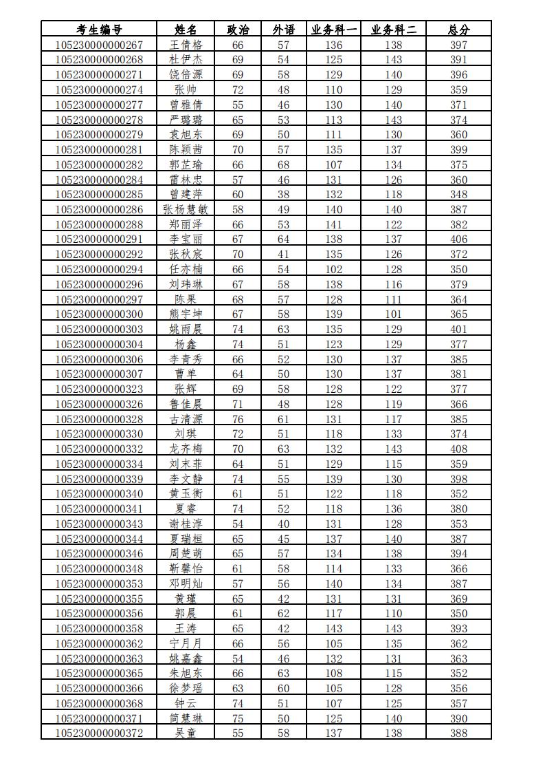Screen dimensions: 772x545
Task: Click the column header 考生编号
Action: pos(99,30)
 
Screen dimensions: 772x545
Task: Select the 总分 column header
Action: pos(458,30)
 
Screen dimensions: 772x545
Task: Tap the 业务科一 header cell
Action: pos(334,30)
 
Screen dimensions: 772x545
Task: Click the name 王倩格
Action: pos(186,45)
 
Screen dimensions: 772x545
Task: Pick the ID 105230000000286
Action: pos(99,209)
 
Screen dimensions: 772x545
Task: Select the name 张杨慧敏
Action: pos(186,209)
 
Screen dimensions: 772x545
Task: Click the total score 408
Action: pos(458,449)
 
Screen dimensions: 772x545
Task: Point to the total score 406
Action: pos(458,239)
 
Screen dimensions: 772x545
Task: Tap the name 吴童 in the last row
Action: pos(186,733)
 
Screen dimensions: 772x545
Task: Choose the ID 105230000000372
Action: pos(99,733)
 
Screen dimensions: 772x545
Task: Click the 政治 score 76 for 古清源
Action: pos(238,419)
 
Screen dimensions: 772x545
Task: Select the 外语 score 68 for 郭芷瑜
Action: pos(283,164)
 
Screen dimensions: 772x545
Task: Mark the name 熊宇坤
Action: pos(186,314)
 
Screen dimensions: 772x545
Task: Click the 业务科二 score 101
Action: pos(394,314)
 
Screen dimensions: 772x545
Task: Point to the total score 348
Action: pos(458,194)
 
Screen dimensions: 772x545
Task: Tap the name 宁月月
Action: pos(186,643)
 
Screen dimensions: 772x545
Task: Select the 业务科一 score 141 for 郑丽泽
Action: pos(334,224)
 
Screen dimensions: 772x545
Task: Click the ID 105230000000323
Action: pos(99,389)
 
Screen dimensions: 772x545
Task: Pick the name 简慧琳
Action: pos(186,718)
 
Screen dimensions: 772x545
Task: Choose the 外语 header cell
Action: pos(283,30)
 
